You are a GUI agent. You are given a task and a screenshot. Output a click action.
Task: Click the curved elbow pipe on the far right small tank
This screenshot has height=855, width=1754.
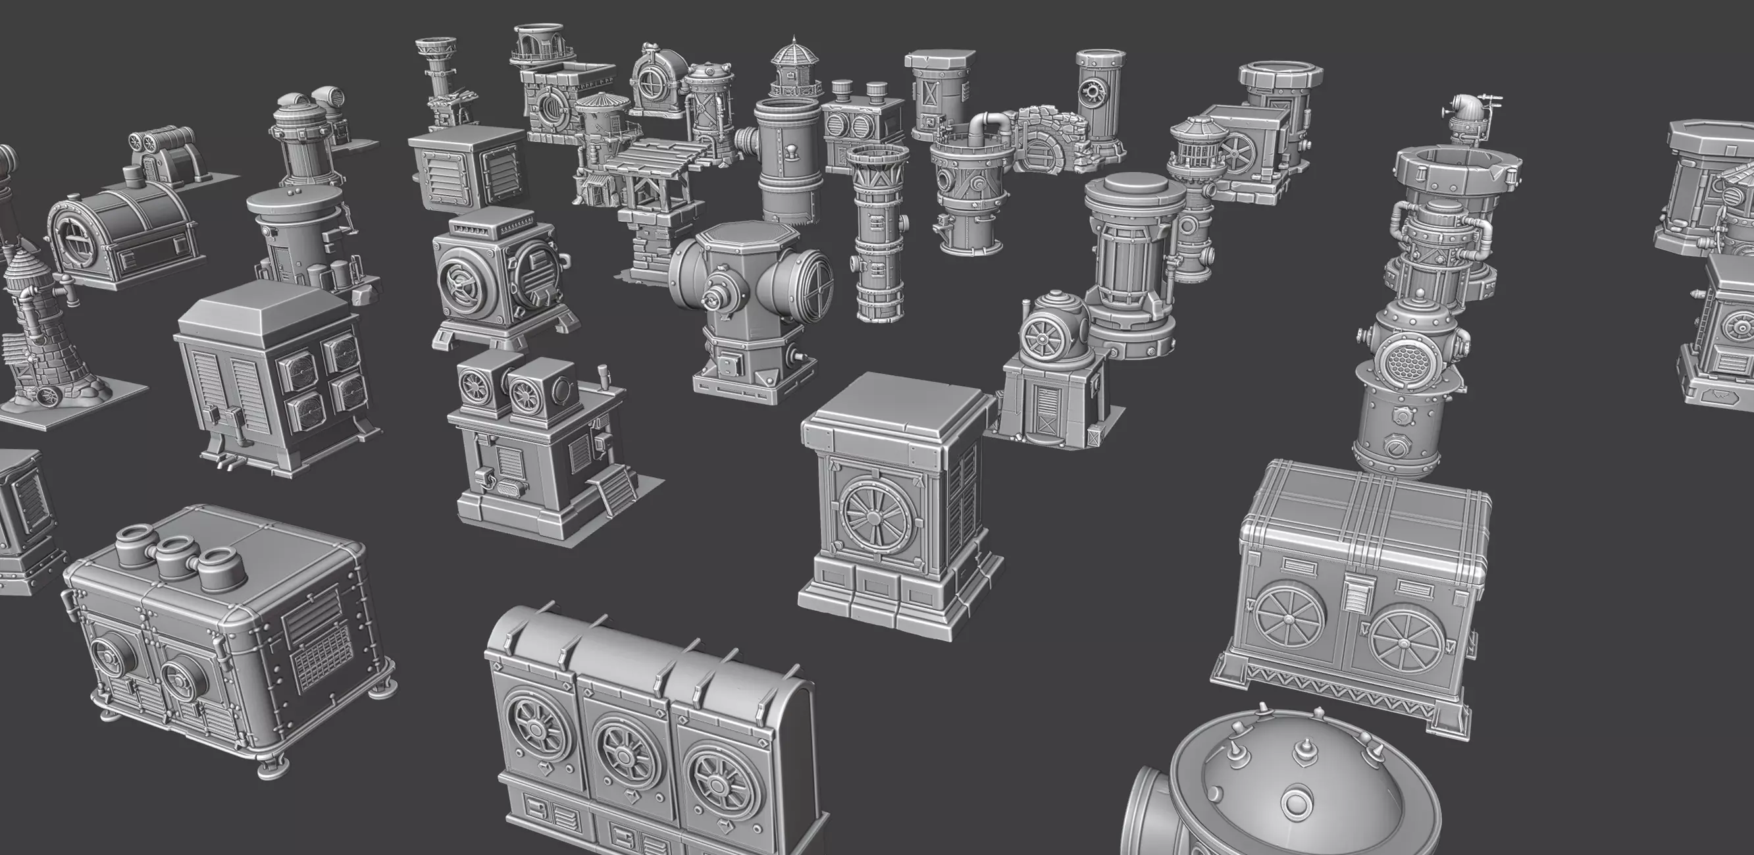click(x=1459, y=107)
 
